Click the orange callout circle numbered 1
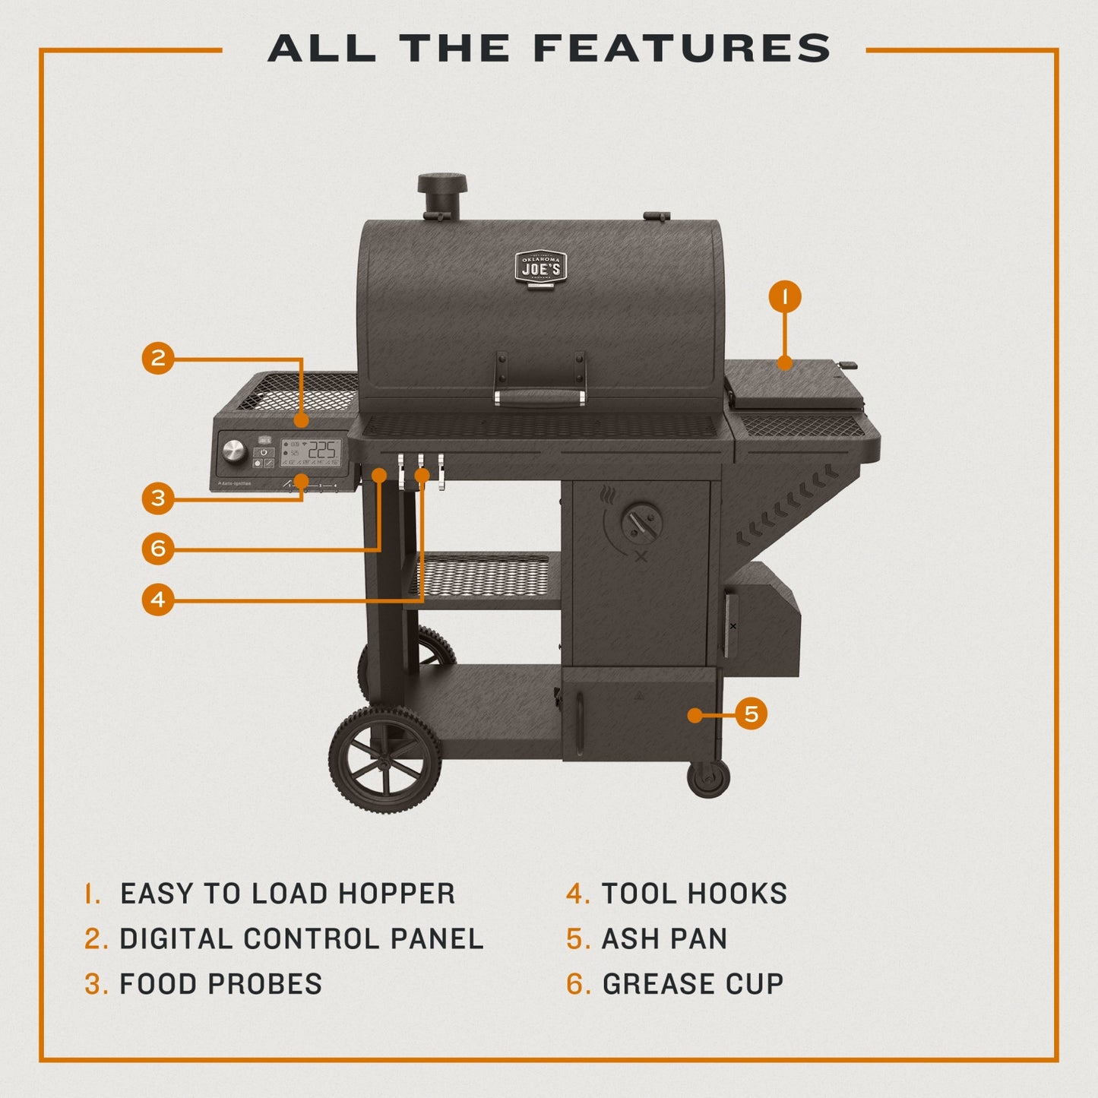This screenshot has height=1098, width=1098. pos(785,296)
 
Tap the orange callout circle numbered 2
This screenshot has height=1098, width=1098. pos(158,357)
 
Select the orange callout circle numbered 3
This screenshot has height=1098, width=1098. pos(158,498)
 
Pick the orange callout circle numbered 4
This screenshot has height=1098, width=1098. pos(158,600)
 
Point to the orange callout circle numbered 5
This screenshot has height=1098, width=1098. pos(751,714)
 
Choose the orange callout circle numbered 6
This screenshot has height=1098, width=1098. pos(158,548)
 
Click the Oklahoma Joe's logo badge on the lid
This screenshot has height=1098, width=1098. pos(540,267)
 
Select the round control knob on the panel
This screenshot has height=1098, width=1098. pos(235,452)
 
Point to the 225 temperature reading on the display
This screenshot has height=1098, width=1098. pos(322,450)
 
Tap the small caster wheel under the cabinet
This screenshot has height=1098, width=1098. pos(708,778)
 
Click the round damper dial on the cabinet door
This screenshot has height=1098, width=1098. pos(641,524)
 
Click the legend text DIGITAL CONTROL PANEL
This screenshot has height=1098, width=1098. pos(301,939)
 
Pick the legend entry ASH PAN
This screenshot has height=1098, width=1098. pos(664,939)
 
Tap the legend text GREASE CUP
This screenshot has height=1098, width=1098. pos(692,984)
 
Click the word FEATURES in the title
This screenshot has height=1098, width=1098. pos(682,49)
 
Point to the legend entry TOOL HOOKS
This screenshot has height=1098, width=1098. pos(694,894)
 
